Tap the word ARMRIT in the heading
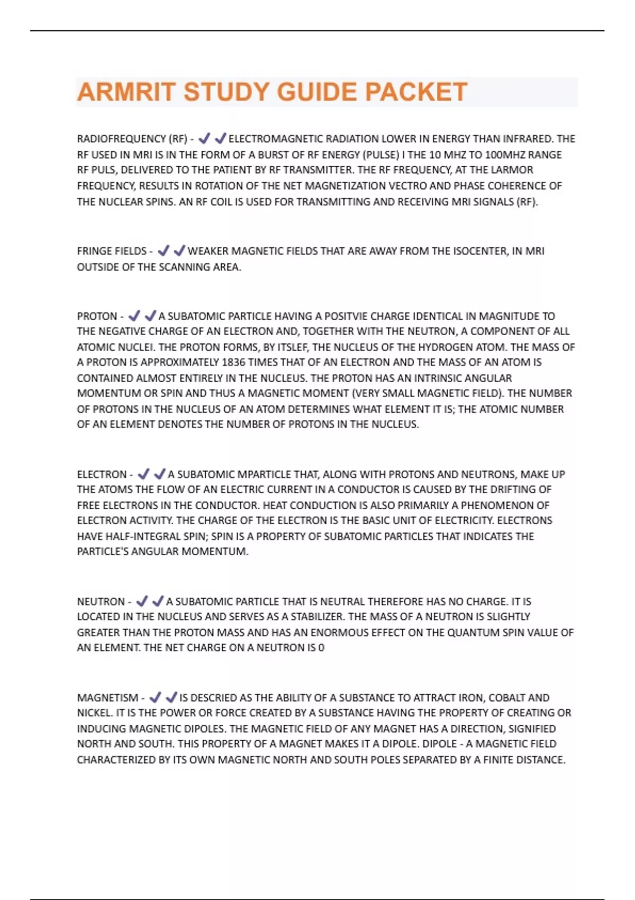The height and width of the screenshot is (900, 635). pyautogui.click(x=126, y=92)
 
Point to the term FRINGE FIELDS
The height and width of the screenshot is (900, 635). pyautogui.click(x=112, y=251)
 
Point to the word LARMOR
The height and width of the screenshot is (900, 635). pyautogui.click(x=513, y=170)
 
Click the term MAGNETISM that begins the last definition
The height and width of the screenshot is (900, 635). pyautogui.click(x=107, y=698)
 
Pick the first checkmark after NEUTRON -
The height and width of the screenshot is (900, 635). pyautogui.click(x=142, y=601)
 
